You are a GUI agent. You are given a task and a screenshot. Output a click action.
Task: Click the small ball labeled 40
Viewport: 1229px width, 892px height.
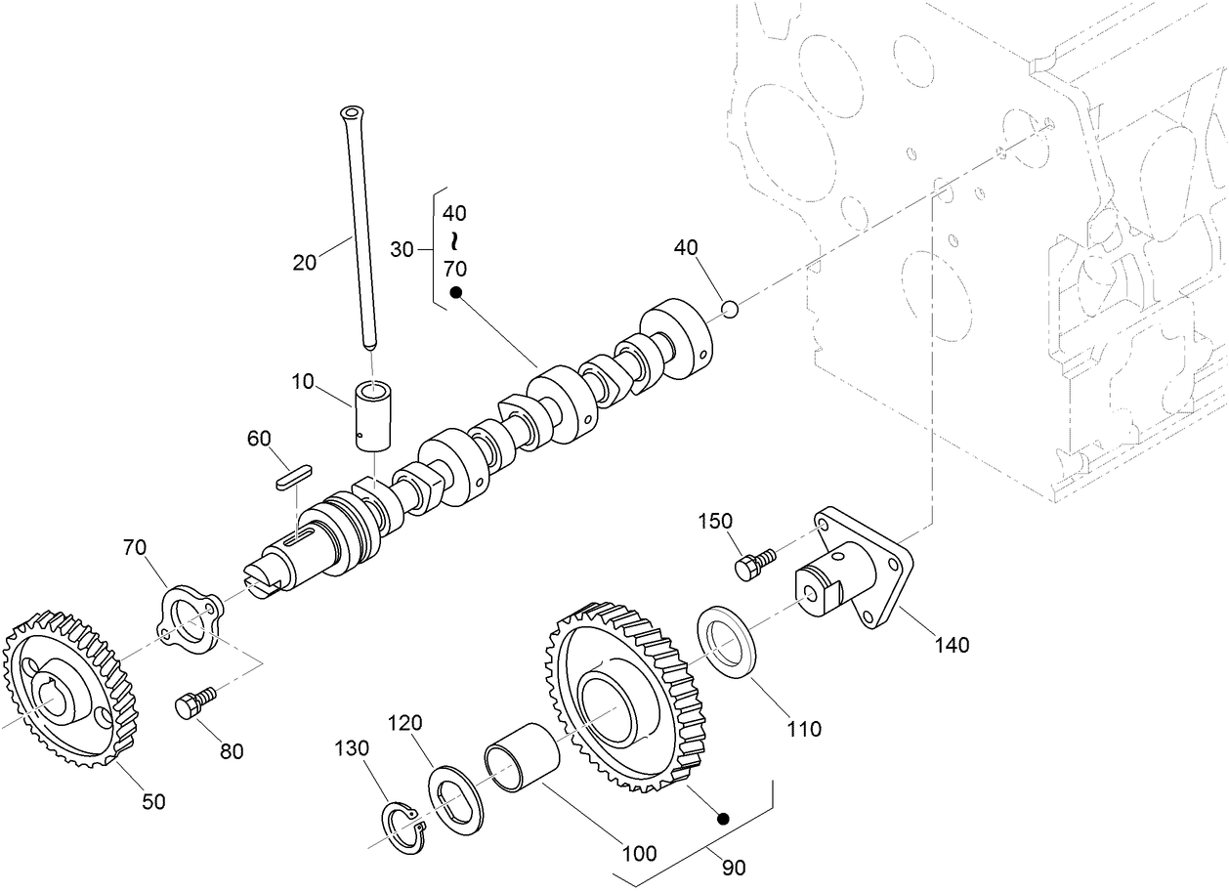coord(729,310)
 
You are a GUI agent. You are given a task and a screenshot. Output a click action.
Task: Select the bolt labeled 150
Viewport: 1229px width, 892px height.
coord(753,564)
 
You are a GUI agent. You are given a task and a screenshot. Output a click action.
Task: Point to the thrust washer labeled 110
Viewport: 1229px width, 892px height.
coord(726,642)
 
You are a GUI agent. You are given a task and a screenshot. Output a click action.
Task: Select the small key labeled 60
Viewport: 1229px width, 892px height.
coord(292,473)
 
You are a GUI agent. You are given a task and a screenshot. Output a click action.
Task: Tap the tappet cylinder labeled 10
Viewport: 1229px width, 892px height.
coord(370,416)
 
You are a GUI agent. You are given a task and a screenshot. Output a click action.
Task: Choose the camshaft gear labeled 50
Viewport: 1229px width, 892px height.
coord(68,688)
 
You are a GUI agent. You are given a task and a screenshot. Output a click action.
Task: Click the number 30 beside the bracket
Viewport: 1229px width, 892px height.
coord(403,249)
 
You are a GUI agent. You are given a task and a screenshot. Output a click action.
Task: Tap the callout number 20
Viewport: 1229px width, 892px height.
coord(305,262)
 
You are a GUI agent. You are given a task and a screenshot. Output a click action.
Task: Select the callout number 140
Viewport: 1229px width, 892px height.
coord(953,645)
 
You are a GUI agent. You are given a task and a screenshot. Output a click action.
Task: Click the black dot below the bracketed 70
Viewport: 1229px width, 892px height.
coord(454,293)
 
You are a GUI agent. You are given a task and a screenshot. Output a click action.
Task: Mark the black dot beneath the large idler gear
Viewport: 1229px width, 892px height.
coord(723,818)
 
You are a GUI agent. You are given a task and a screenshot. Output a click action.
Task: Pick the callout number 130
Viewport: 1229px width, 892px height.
coord(352,748)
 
